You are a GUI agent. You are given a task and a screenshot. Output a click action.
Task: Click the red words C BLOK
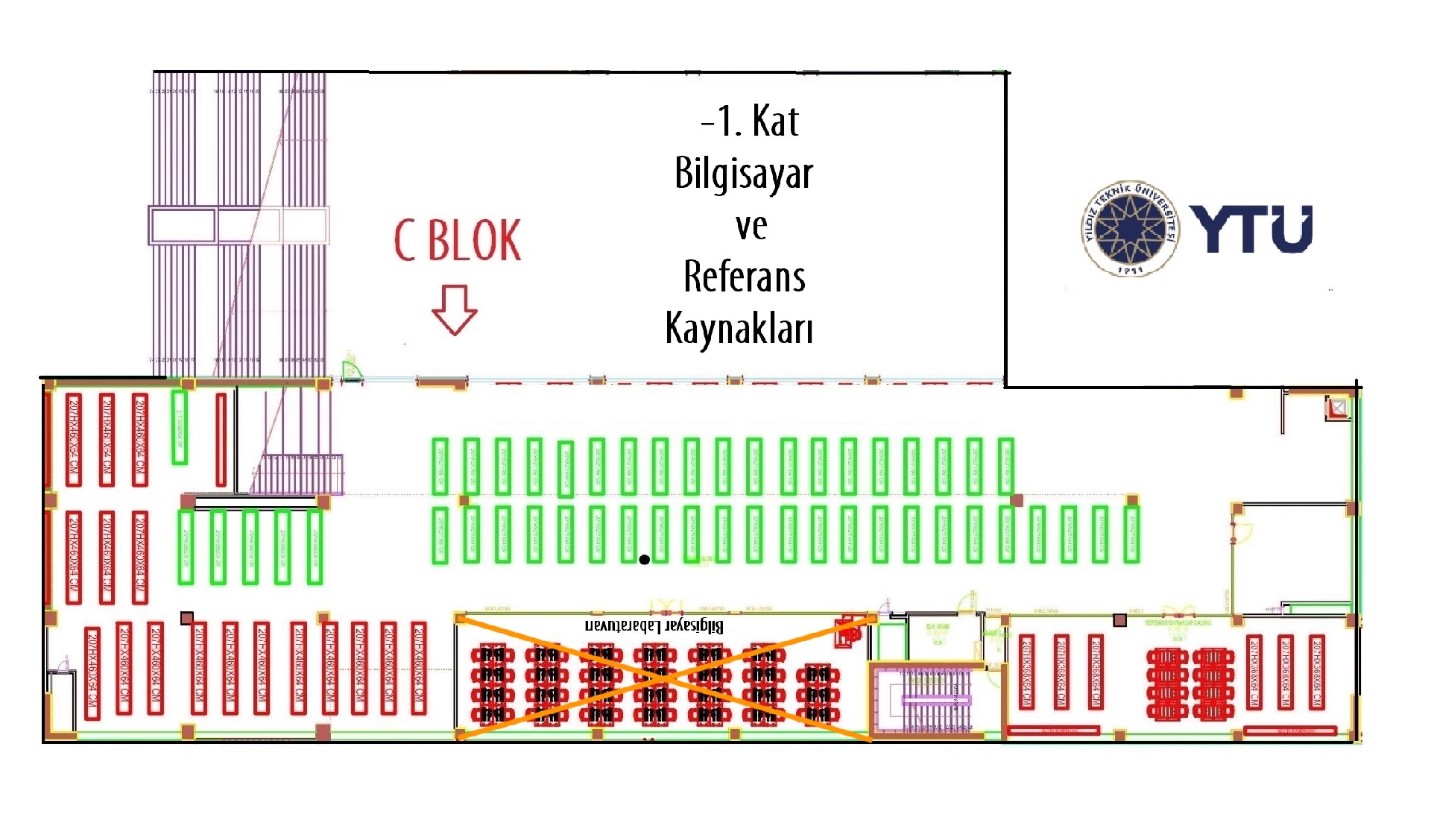pyautogui.click(x=458, y=241)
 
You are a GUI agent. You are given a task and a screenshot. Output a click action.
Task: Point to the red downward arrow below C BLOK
pyautogui.click(x=454, y=309)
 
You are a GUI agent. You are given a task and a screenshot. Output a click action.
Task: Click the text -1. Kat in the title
pyautogui.click(x=750, y=122)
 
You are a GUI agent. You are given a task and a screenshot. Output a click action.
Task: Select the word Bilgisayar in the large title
pyautogui.click(x=743, y=174)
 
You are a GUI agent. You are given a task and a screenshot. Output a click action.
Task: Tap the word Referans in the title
pyautogui.click(x=745, y=277)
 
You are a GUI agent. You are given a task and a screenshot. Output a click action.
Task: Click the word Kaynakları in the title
pyautogui.click(x=739, y=328)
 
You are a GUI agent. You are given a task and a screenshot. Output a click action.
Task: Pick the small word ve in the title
pyautogui.click(x=751, y=227)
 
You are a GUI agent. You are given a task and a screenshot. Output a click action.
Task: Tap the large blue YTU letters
pyautogui.click(x=1251, y=230)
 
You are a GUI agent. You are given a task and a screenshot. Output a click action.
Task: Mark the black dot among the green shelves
pyautogui.click(x=645, y=559)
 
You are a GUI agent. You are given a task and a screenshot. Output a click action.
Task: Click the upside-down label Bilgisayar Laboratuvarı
pyautogui.click(x=654, y=626)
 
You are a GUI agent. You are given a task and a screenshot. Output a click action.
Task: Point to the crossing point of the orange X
pyautogui.click(x=663, y=677)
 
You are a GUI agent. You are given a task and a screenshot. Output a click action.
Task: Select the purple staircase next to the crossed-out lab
pyautogui.click(x=936, y=701)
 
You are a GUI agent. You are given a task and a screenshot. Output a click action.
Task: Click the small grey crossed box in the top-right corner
pyautogui.click(x=1338, y=408)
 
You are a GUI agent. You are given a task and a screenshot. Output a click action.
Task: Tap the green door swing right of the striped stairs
pyautogui.click(x=351, y=369)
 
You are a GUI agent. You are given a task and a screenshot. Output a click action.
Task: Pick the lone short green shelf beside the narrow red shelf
pyautogui.click(x=179, y=427)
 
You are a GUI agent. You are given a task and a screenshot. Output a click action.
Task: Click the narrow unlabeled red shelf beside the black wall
pyautogui.click(x=221, y=440)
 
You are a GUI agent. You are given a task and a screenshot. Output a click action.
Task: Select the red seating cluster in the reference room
pyautogui.click(x=1185, y=683)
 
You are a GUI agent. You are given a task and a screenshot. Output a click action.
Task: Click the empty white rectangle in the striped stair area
pyautogui.click(x=182, y=225)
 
